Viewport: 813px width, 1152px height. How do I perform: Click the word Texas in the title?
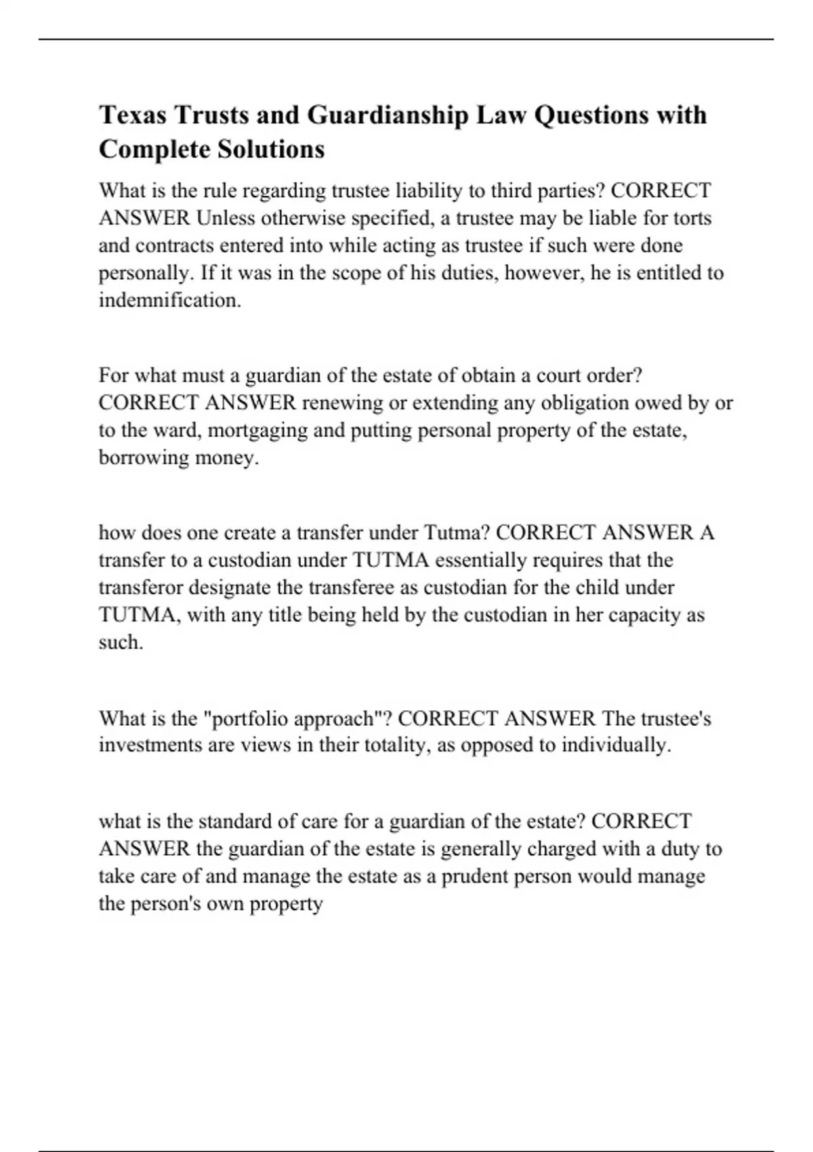pos(133,115)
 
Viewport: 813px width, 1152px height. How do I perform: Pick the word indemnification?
pos(170,300)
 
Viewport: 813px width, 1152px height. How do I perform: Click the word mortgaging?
pos(257,430)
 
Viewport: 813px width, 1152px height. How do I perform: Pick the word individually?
pos(616,745)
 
